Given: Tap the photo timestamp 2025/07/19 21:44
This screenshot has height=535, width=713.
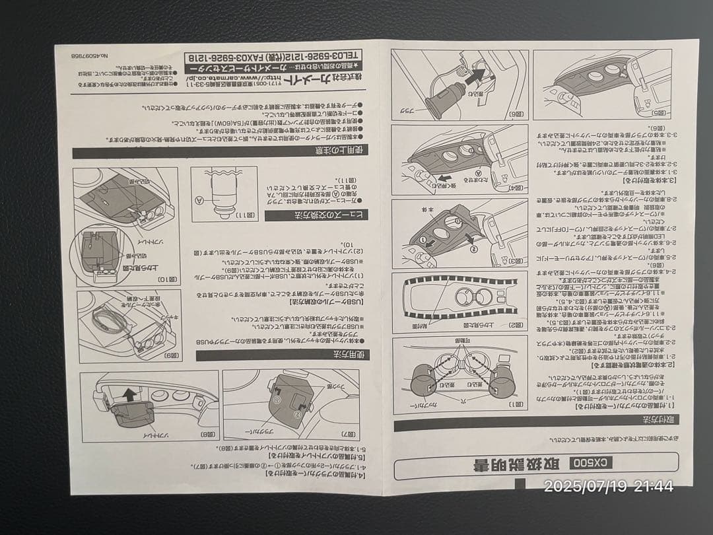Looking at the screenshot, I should (x=608, y=487).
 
